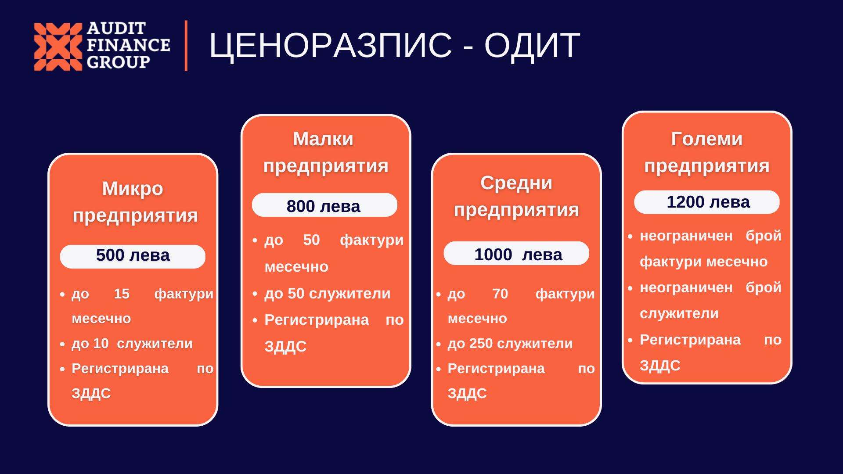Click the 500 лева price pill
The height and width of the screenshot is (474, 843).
133,256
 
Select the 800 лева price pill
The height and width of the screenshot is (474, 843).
324,205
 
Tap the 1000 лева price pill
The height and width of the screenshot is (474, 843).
516,253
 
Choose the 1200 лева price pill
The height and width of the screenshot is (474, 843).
707,202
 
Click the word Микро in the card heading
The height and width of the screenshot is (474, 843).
133,189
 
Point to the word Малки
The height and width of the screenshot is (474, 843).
323,139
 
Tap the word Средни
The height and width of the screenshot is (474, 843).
516,183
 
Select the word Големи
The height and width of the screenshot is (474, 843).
707,139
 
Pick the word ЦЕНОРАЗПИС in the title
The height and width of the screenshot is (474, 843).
331,46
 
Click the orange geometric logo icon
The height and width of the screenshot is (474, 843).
58,47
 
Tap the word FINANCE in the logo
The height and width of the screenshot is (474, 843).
129,45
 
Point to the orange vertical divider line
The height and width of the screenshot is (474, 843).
186,46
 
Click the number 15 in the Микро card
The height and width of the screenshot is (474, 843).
122,294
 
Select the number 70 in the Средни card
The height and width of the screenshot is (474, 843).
500,294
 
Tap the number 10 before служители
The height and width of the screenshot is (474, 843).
101,343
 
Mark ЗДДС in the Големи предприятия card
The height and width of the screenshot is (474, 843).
660,366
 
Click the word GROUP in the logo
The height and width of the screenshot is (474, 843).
119,62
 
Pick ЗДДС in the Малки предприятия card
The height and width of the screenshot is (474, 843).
285,347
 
